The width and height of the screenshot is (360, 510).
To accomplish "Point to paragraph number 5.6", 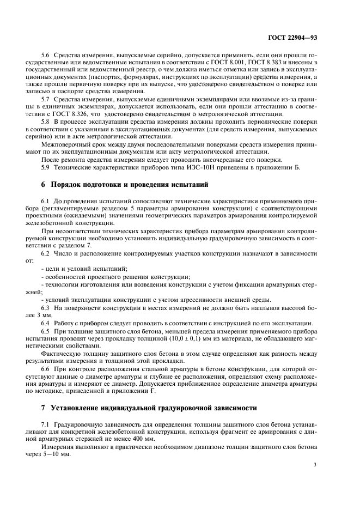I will tap(46, 56).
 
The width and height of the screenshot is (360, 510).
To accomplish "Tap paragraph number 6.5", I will tap(46, 331).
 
